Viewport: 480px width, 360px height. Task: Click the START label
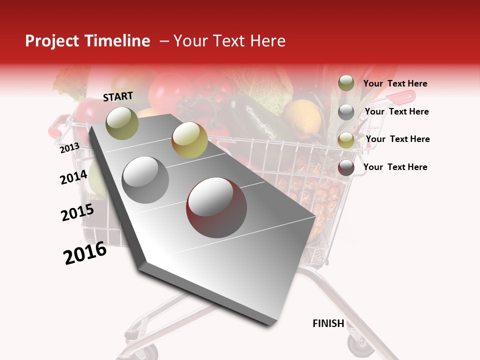[118, 96]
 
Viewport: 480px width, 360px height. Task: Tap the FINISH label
[328, 323]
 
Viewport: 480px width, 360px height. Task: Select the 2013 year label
[69, 147]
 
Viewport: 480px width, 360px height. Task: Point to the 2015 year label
[77, 212]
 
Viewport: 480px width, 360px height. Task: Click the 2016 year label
[85, 253]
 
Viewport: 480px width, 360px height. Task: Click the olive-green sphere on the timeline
[122, 123]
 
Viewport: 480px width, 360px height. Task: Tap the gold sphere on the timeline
[189, 139]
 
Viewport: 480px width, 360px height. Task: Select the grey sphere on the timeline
[145, 179]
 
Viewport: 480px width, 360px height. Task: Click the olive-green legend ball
[346, 83]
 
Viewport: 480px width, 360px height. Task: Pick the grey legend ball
[346, 112]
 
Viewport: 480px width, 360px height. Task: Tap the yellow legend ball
[346, 140]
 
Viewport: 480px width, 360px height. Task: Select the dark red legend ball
[346, 167]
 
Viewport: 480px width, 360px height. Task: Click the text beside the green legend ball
[395, 83]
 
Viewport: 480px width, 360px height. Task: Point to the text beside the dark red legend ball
[395, 167]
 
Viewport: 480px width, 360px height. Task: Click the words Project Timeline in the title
[87, 41]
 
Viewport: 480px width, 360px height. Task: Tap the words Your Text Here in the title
[229, 41]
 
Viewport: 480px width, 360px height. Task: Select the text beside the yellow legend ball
[398, 139]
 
